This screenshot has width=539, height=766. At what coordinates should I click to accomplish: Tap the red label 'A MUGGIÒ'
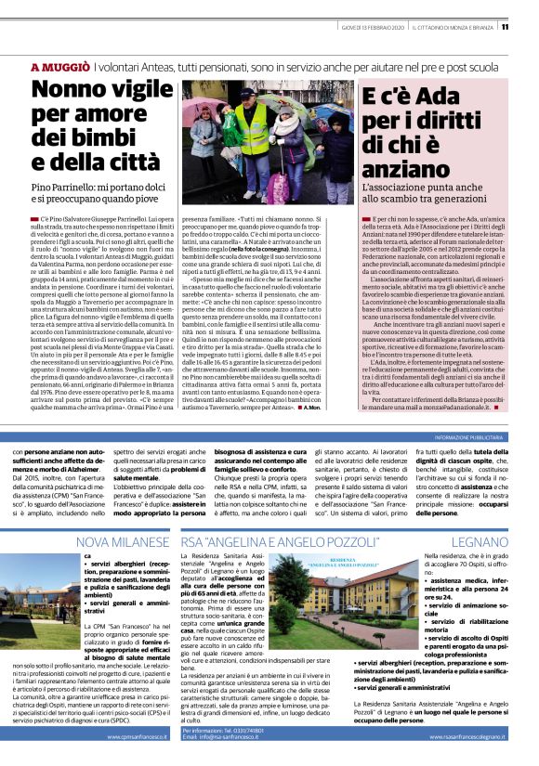(x=60, y=68)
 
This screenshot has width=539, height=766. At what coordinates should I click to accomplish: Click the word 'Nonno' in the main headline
(x=76, y=91)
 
